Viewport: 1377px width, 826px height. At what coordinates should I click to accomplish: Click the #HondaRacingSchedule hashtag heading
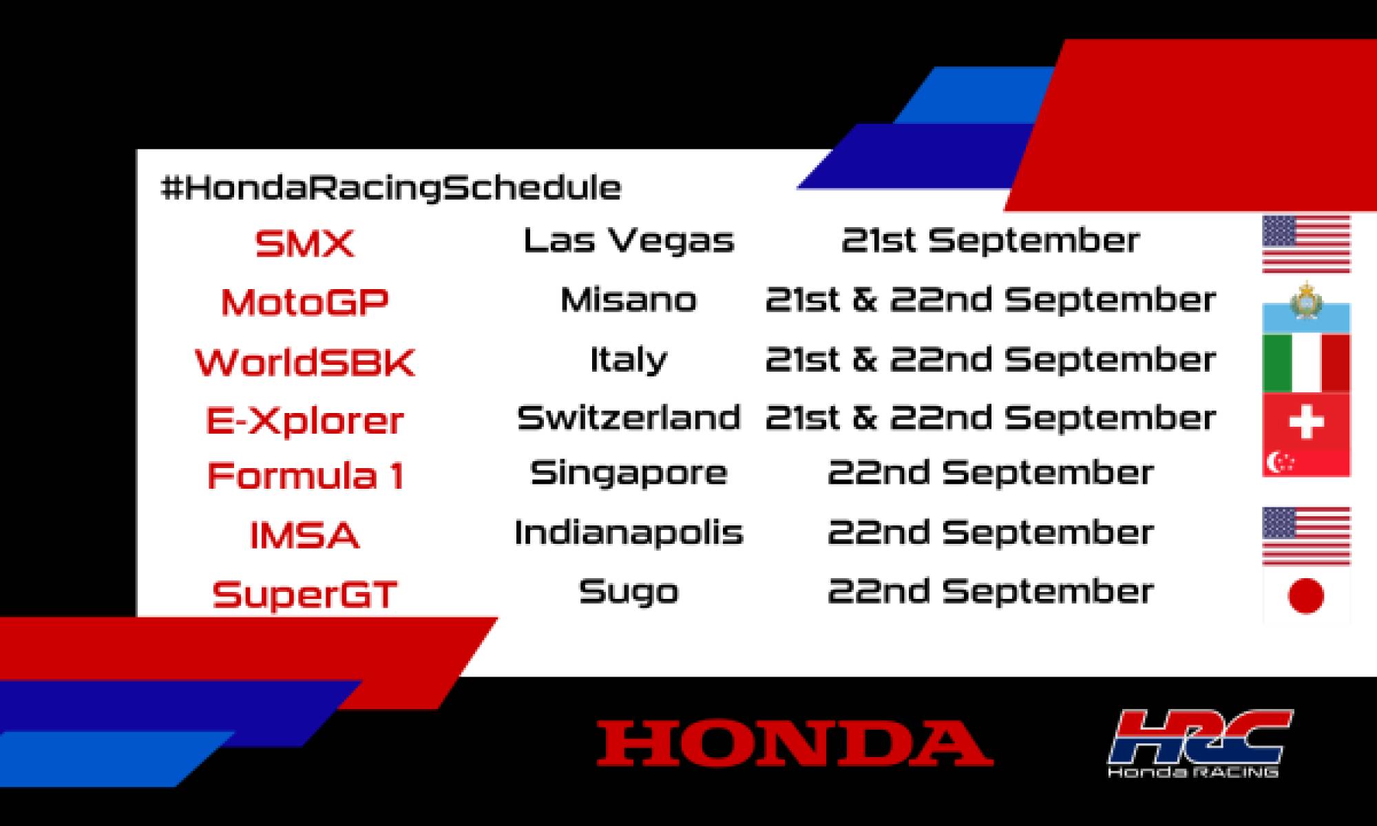coord(390,188)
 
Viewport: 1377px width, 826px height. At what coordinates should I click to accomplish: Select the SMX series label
coord(304,244)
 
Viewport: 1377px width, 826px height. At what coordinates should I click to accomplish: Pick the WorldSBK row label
coord(304,362)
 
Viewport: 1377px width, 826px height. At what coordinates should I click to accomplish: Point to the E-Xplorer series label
coord(304,421)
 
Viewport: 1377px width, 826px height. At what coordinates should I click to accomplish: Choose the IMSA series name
coord(304,536)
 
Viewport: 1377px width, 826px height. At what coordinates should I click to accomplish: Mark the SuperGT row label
coord(304,595)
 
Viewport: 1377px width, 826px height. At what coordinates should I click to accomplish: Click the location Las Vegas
coord(628,241)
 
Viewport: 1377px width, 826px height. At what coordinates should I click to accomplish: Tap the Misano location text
coord(628,300)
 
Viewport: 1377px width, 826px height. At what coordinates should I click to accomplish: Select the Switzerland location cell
coord(628,418)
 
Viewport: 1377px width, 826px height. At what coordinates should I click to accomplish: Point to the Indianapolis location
coord(628,533)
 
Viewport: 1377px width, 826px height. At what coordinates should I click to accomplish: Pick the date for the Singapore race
coord(990,473)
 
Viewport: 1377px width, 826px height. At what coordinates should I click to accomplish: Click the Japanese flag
coord(1306,595)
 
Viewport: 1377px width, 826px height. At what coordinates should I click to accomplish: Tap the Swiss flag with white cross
coord(1306,421)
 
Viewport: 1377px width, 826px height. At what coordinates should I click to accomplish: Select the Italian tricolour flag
coord(1306,363)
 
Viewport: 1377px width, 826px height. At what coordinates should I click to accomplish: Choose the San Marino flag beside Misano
coord(1306,308)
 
